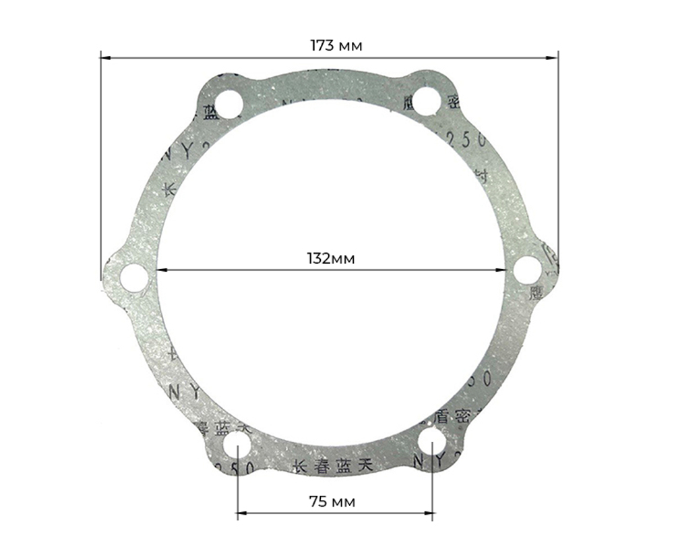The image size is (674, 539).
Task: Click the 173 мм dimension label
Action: point(336,46)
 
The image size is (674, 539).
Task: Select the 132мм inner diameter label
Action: point(330,259)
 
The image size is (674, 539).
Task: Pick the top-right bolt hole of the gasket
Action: point(427,101)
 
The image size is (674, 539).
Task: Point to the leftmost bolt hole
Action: point(134,278)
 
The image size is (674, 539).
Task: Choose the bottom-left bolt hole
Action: point(237,445)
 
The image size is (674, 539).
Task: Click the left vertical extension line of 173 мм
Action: point(100,169)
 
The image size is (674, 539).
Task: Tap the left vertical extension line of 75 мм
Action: point(237,486)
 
